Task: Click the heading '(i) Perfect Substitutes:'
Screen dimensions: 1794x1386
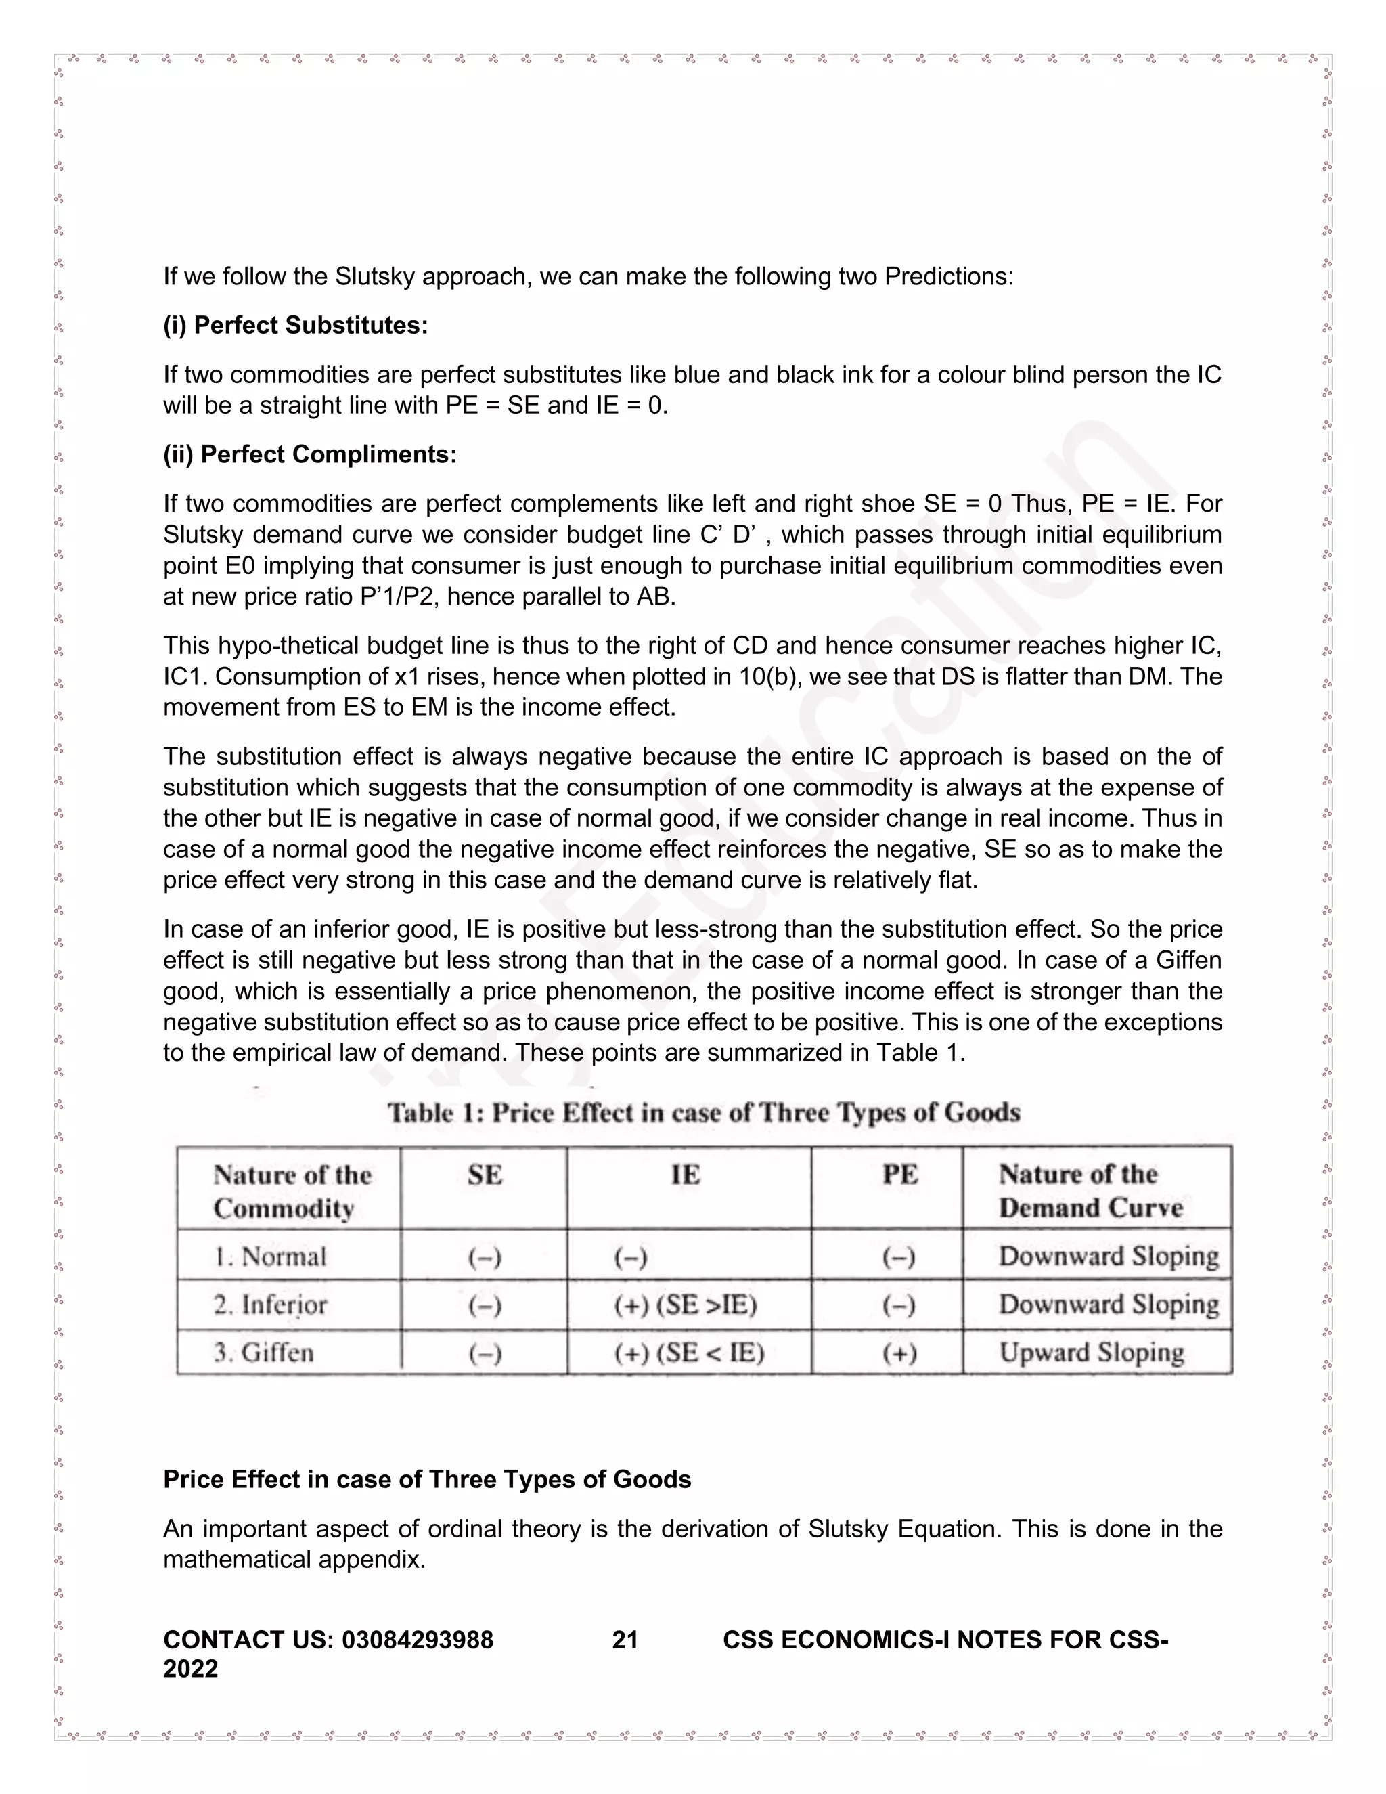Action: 295,325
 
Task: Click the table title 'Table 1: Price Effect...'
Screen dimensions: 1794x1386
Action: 703,1112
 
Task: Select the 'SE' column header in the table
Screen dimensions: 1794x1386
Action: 484,1175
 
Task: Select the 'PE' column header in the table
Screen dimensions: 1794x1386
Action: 899,1175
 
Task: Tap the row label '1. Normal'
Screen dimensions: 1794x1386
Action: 270,1256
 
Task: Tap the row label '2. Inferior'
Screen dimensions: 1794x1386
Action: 270,1305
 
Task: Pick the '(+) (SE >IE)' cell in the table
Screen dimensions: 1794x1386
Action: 685,1305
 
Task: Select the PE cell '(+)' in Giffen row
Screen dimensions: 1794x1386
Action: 899,1352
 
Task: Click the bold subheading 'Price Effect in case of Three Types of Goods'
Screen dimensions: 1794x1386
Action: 427,1479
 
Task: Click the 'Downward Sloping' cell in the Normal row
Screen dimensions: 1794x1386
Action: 1108,1256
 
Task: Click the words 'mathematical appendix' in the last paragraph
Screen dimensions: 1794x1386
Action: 294,1559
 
